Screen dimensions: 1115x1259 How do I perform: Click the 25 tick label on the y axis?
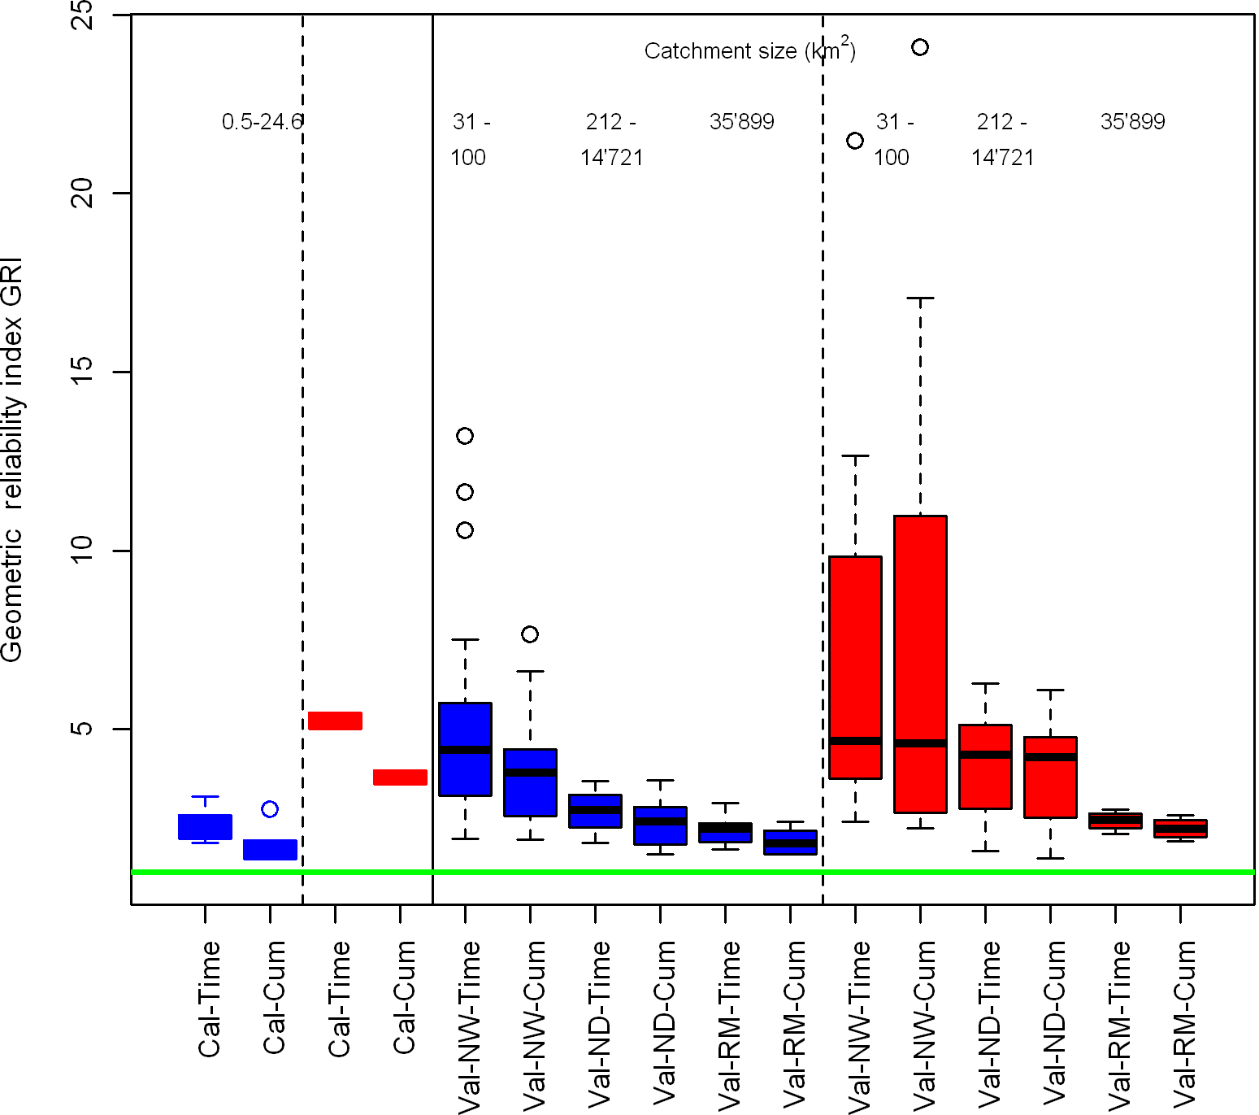pos(82,15)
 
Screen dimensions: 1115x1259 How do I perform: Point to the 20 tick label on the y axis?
pos(82,194)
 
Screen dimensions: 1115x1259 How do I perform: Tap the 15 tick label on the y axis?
pos(82,372)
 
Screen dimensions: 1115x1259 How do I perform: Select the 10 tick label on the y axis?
pos(82,551)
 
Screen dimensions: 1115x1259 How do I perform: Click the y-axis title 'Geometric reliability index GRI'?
pos(12,460)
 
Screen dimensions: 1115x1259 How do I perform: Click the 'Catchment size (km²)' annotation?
pos(749,50)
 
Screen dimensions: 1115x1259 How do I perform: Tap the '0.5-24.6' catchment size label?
pos(262,122)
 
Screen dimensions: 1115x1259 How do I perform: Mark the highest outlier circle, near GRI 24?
pos(920,47)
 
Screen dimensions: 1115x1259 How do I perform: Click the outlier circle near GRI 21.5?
pos(855,141)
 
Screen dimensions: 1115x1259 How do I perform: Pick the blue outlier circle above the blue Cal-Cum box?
pos(270,808)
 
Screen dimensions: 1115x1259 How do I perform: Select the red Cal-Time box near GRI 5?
pos(335,721)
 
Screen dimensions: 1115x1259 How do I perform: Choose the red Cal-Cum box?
pos(400,777)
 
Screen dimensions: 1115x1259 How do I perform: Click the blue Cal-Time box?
pos(205,826)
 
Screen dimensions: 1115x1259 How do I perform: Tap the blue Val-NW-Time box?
pos(465,749)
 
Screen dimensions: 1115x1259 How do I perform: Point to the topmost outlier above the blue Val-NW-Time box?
pos(465,436)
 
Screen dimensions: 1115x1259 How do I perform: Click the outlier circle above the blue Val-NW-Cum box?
pos(530,634)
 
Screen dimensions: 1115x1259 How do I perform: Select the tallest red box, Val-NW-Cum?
pos(920,664)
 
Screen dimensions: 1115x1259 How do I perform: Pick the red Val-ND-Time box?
pos(985,766)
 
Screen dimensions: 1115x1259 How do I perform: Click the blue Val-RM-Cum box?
pos(790,842)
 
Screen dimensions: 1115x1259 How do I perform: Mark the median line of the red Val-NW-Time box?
pos(855,741)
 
